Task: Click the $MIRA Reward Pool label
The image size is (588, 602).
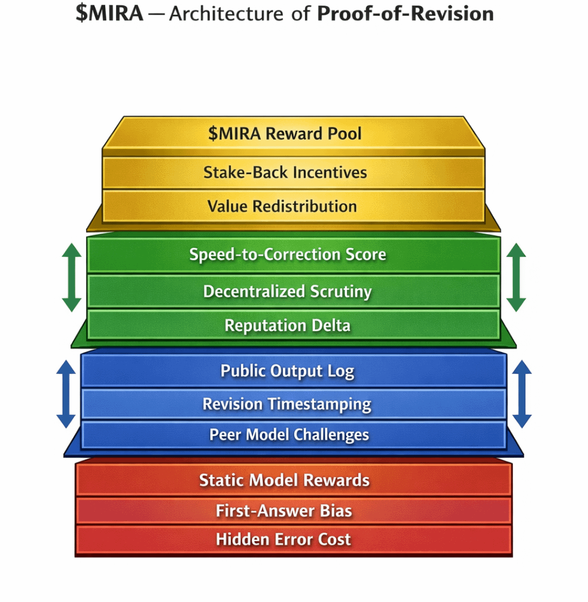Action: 285,133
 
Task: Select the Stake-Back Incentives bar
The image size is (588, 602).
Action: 285,173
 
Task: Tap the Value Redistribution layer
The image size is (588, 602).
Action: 282,206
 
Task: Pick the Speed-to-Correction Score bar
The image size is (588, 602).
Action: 287,254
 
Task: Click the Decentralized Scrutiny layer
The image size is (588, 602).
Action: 287,291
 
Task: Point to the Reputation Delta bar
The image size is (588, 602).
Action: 287,326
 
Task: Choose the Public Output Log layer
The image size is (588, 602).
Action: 287,371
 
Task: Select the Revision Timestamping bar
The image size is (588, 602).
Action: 287,404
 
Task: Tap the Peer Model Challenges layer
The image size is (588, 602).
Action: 289,435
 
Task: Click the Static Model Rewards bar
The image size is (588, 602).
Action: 284,480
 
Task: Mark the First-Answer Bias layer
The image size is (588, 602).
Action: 284,511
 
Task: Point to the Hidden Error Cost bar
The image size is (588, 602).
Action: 284,539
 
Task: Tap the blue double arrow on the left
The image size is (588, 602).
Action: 66,393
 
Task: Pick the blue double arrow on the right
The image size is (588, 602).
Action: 522,393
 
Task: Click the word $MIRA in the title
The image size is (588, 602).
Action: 109,14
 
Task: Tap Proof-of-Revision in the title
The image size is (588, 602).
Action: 405,14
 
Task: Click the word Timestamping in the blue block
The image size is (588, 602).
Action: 320,404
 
